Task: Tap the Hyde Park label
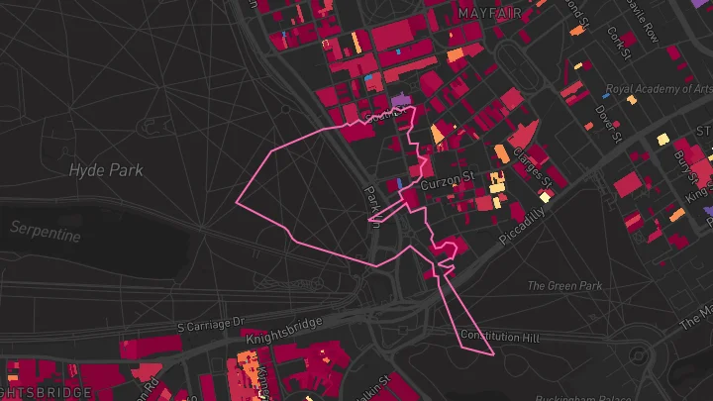[106, 170]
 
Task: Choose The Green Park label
[564, 286]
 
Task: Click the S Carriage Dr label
[210, 324]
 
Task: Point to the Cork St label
[619, 43]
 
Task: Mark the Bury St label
[684, 162]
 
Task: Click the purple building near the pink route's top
[400, 101]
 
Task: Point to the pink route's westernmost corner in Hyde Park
[237, 202]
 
